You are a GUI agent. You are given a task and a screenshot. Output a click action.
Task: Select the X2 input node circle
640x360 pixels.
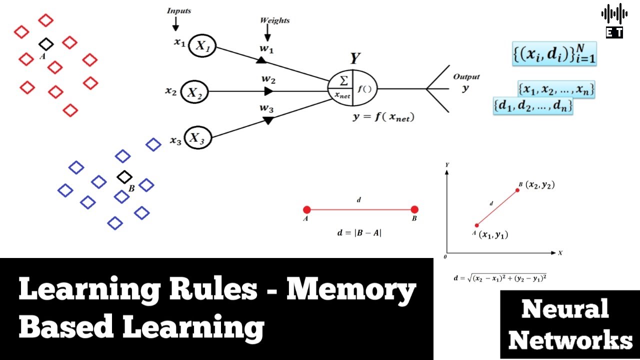(x=194, y=92)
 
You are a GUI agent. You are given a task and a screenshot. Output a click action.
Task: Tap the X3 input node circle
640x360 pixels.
(x=198, y=138)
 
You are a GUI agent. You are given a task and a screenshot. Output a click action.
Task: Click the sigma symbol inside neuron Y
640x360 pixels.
(x=343, y=81)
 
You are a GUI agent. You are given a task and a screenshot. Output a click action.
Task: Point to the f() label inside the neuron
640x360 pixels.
(x=365, y=90)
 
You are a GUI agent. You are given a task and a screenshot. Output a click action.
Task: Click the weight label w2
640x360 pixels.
(x=268, y=79)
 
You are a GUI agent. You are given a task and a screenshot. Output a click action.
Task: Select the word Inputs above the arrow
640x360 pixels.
(x=178, y=10)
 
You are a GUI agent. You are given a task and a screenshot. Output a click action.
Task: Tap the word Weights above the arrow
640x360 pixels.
(x=274, y=20)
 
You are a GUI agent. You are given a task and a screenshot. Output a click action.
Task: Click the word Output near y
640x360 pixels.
(x=466, y=76)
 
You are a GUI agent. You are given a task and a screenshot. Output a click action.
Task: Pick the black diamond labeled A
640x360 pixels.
(x=45, y=44)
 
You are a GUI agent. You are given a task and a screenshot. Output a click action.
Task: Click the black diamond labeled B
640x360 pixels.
(x=124, y=176)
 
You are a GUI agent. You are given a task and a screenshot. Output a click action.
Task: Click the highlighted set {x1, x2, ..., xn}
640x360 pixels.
(x=556, y=90)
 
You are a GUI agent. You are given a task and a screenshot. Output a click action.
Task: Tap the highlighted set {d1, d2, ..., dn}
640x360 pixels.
(x=532, y=106)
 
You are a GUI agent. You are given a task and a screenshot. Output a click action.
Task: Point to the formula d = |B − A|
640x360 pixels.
(x=359, y=232)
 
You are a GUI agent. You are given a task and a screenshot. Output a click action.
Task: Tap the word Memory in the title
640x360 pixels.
(x=350, y=291)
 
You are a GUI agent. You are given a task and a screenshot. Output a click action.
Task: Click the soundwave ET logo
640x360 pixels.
(x=614, y=21)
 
